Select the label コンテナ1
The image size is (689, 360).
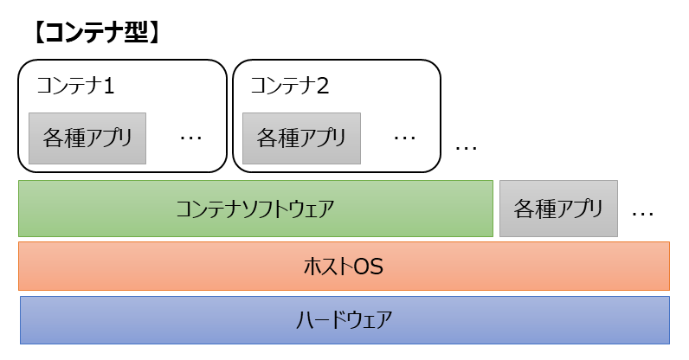(x=76, y=87)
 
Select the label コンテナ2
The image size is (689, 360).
(x=290, y=87)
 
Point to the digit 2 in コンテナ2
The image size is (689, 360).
(x=323, y=87)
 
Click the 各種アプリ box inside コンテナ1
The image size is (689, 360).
(x=87, y=138)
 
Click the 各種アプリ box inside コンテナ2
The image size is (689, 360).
(x=301, y=138)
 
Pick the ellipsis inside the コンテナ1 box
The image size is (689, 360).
(x=190, y=138)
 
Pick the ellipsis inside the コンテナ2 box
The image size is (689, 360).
(x=404, y=138)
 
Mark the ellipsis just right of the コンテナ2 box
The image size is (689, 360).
(x=466, y=148)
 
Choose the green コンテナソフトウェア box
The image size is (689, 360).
(x=255, y=209)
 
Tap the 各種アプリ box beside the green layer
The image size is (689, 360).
(x=558, y=209)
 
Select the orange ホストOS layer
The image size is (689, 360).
(x=344, y=267)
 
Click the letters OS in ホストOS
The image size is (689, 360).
(x=367, y=267)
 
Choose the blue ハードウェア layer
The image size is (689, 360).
(x=344, y=320)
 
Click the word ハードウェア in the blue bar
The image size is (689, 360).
(x=344, y=320)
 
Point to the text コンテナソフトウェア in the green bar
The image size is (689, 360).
(x=255, y=209)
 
